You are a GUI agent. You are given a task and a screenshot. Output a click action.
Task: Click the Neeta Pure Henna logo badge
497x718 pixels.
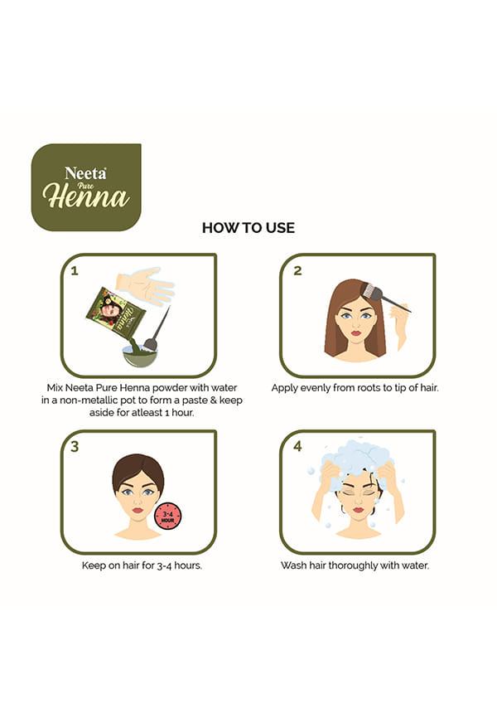point(86,187)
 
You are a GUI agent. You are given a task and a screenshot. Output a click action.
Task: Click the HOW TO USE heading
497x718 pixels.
point(248,228)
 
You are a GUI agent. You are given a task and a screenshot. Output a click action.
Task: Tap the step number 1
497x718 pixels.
point(75,271)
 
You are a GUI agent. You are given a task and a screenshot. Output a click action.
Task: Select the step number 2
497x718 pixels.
point(297,271)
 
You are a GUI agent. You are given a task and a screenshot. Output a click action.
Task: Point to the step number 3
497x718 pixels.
point(75,446)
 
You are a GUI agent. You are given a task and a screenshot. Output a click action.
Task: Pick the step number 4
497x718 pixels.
point(298,446)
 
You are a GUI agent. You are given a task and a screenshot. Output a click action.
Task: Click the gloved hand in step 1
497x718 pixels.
point(145,286)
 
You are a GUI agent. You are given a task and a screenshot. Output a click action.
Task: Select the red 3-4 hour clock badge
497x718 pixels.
point(168,517)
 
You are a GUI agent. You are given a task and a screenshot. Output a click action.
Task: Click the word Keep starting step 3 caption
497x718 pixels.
point(94,566)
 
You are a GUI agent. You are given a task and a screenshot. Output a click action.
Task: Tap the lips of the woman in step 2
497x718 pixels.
point(356,333)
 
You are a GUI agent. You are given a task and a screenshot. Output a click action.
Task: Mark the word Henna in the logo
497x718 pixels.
point(86,197)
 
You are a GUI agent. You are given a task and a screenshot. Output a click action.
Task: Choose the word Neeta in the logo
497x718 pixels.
point(85,173)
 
